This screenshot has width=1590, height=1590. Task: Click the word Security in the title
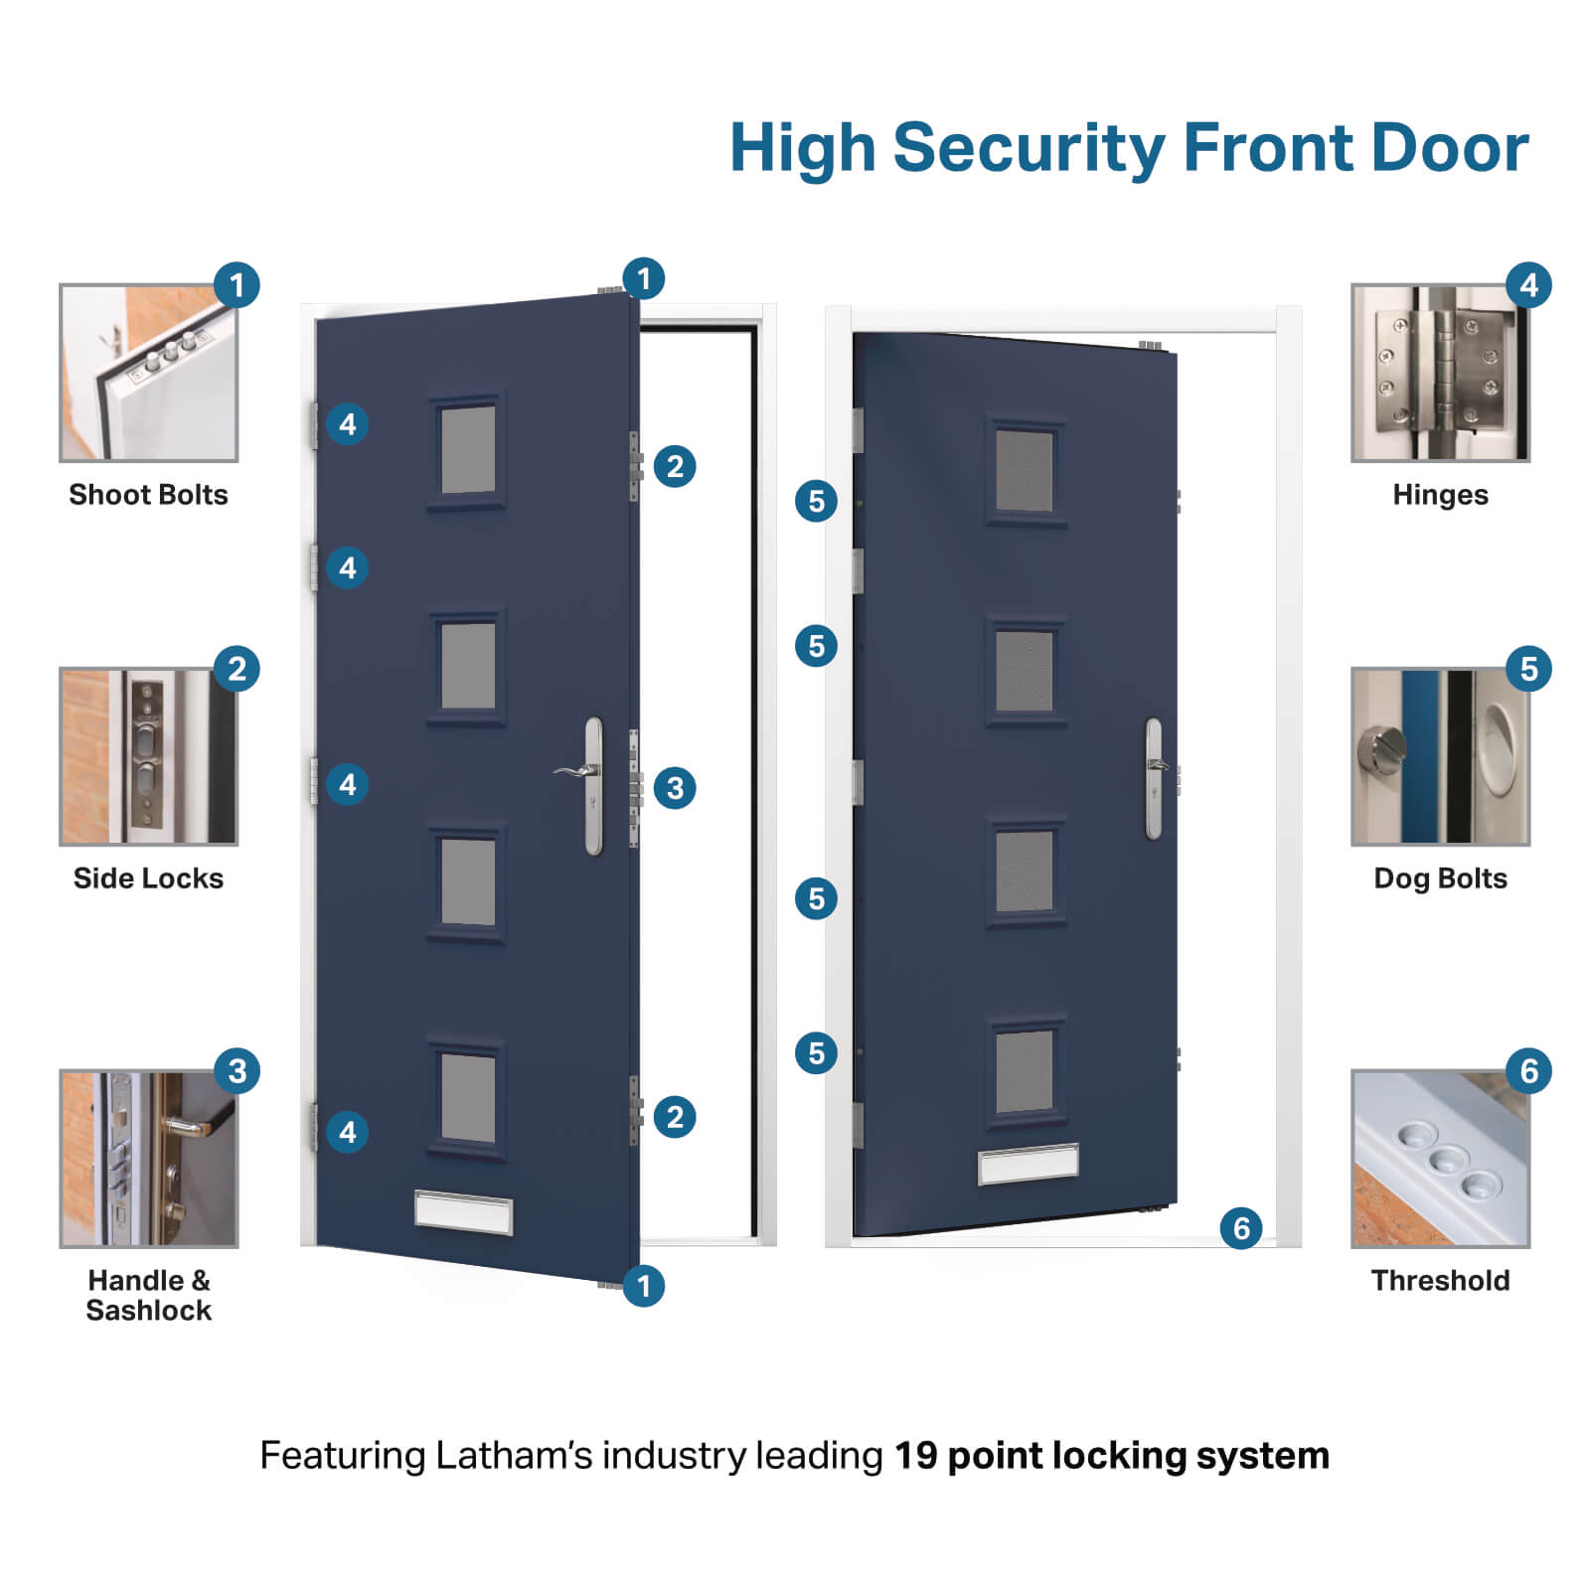click(x=1029, y=149)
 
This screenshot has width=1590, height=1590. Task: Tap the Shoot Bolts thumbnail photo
click(x=149, y=374)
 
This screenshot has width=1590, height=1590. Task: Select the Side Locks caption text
click(x=149, y=878)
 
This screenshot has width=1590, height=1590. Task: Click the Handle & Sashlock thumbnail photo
click(x=149, y=1159)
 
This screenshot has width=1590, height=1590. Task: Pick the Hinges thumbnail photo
click(x=1440, y=374)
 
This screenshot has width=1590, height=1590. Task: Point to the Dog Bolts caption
click(x=1440, y=878)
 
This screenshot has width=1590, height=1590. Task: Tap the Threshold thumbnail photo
click(x=1440, y=1159)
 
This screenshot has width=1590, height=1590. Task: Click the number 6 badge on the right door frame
click(x=1241, y=1228)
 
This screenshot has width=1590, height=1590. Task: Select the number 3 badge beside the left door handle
click(x=675, y=788)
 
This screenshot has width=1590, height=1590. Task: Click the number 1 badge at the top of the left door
click(x=643, y=279)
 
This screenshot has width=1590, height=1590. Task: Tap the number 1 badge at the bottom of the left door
click(x=643, y=1286)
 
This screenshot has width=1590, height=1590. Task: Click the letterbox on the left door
click(x=463, y=1213)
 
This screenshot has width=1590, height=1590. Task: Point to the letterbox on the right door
click(x=1028, y=1164)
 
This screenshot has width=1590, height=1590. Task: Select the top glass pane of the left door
click(x=468, y=449)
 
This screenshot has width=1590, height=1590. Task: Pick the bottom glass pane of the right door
click(x=1025, y=1071)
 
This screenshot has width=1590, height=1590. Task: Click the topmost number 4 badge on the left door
click(x=347, y=424)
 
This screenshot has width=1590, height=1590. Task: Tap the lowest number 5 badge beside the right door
click(x=816, y=1052)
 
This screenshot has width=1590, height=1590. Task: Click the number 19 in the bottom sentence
click(x=915, y=1456)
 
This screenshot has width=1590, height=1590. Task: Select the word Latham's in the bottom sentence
click(x=515, y=1456)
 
